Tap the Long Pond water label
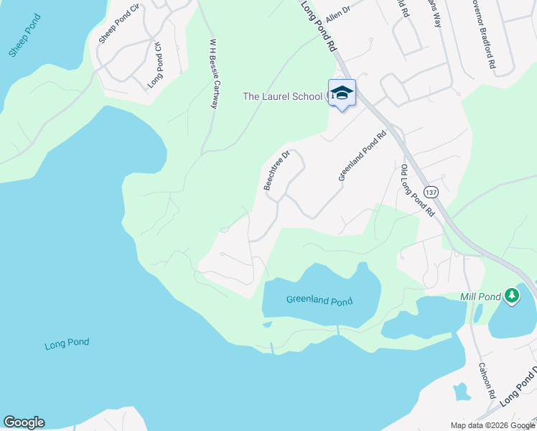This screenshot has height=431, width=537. pos(67,343)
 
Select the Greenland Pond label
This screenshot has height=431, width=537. pos(319,300)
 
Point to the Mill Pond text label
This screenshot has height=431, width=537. pos(480,296)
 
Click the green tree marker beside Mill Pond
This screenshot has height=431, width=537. pos(511,295)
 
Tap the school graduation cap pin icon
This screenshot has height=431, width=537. pos(342,93)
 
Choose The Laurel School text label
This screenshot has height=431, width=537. pos(282,96)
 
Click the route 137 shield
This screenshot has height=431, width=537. pos(431,193)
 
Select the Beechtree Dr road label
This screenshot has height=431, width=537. pos(276,170)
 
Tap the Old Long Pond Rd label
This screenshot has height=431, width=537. pos(417,190)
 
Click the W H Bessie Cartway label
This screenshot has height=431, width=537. pos(213,73)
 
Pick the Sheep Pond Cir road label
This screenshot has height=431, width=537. pos(118,27)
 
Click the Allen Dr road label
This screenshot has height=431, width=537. pos(337,14)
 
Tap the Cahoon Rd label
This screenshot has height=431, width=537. pos(487,380)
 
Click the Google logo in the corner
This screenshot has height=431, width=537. pos(24,422)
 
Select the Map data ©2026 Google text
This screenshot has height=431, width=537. pos(492,425)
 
